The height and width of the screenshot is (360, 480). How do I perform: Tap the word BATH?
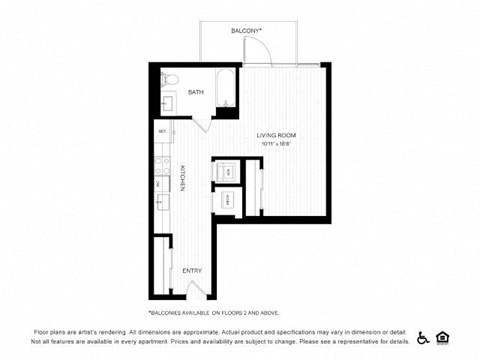[x=195, y=91]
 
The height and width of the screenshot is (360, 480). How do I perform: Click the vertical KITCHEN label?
[x=182, y=176]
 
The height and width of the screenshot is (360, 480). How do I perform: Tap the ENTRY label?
[x=192, y=270]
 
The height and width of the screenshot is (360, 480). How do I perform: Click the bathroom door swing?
[x=204, y=124]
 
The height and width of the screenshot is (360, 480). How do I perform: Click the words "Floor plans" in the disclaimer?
[x=49, y=331]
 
